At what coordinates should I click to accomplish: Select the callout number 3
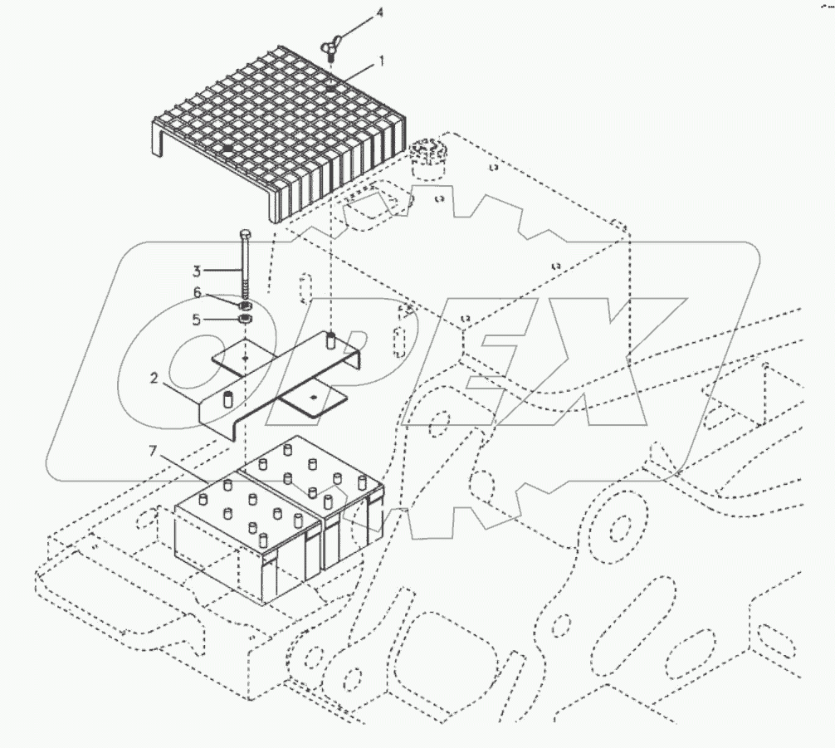click(x=196, y=270)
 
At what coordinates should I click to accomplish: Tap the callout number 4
click(x=356, y=13)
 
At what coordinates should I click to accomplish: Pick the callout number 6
click(x=197, y=292)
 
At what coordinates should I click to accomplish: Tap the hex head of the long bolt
click(x=245, y=235)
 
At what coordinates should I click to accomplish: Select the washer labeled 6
click(x=246, y=305)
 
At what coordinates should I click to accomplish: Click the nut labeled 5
click(x=246, y=319)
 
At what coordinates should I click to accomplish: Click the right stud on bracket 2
click(x=330, y=338)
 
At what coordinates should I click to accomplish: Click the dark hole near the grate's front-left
click(x=227, y=148)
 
